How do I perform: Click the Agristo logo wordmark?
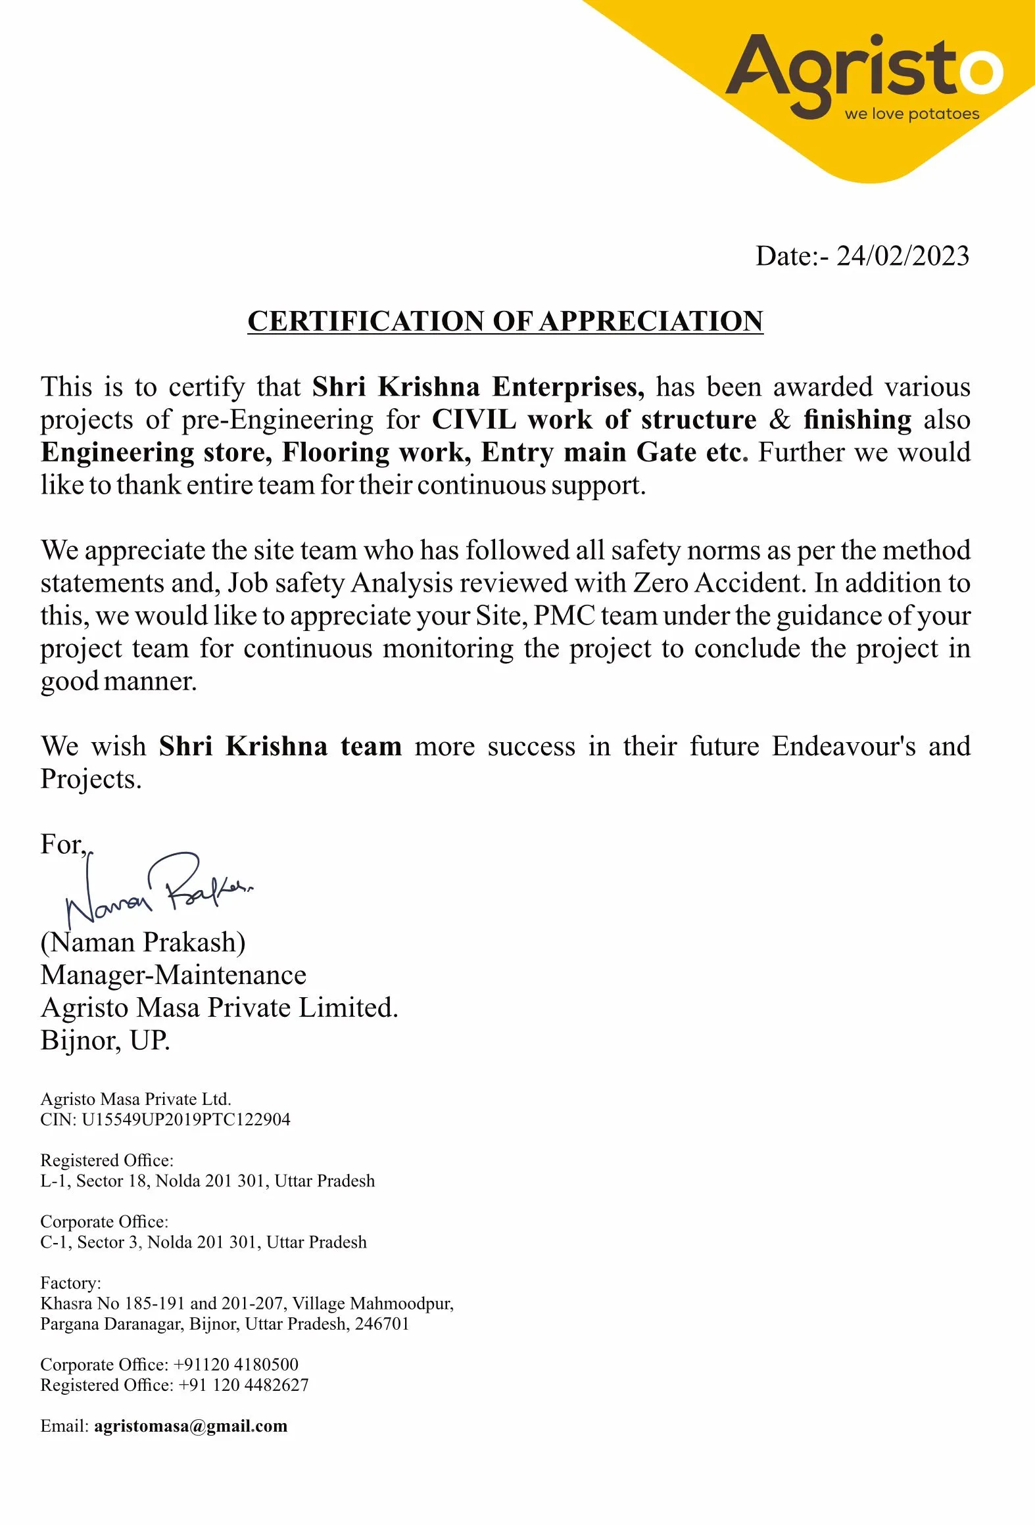[864, 72]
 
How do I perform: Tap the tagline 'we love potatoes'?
[911, 114]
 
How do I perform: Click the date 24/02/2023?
[902, 256]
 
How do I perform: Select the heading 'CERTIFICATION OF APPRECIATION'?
[505, 321]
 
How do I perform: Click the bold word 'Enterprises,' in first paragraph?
[568, 387]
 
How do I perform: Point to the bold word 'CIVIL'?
[473, 420]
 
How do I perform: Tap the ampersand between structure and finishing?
[779, 420]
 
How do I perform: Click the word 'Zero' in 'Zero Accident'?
[660, 583]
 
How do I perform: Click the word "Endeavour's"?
[843, 747]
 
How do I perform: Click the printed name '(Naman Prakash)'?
[143, 943]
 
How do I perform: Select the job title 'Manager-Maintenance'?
[173, 975]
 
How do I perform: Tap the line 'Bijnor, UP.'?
[105, 1041]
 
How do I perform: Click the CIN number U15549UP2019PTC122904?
[186, 1119]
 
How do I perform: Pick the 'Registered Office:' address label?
[107, 1160]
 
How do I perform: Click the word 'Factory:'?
[70, 1283]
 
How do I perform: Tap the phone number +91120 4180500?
[236, 1365]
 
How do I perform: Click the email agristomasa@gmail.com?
[191, 1426]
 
